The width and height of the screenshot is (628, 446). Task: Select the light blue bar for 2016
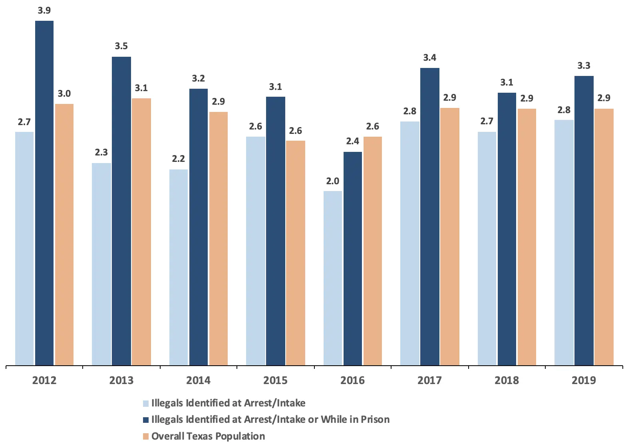click(333, 278)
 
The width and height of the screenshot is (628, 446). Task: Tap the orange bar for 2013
click(141, 231)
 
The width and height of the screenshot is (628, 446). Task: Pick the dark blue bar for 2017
click(430, 216)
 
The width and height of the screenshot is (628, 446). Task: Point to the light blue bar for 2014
click(179, 267)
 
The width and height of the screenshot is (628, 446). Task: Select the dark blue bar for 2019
click(584, 220)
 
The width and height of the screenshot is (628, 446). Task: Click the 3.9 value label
click(44, 10)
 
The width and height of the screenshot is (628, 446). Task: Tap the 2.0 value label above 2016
click(333, 181)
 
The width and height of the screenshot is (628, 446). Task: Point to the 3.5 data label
click(121, 46)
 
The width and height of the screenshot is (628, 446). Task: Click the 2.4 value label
click(353, 141)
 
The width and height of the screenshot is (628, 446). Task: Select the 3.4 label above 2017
click(430, 58)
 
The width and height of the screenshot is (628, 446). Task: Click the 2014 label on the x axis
click(198, 380)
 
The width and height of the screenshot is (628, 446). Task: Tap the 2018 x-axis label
click(507, 380)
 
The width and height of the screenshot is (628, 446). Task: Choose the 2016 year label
click(352, 380)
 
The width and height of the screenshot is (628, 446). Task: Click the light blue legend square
click(146, 404)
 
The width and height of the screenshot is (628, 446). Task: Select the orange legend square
click(146, 436)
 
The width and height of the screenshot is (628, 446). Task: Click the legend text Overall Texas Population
click(208, 436)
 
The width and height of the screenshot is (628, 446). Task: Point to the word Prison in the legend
click(375, 420)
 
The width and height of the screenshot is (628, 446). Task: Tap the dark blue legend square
click(146, 420)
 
